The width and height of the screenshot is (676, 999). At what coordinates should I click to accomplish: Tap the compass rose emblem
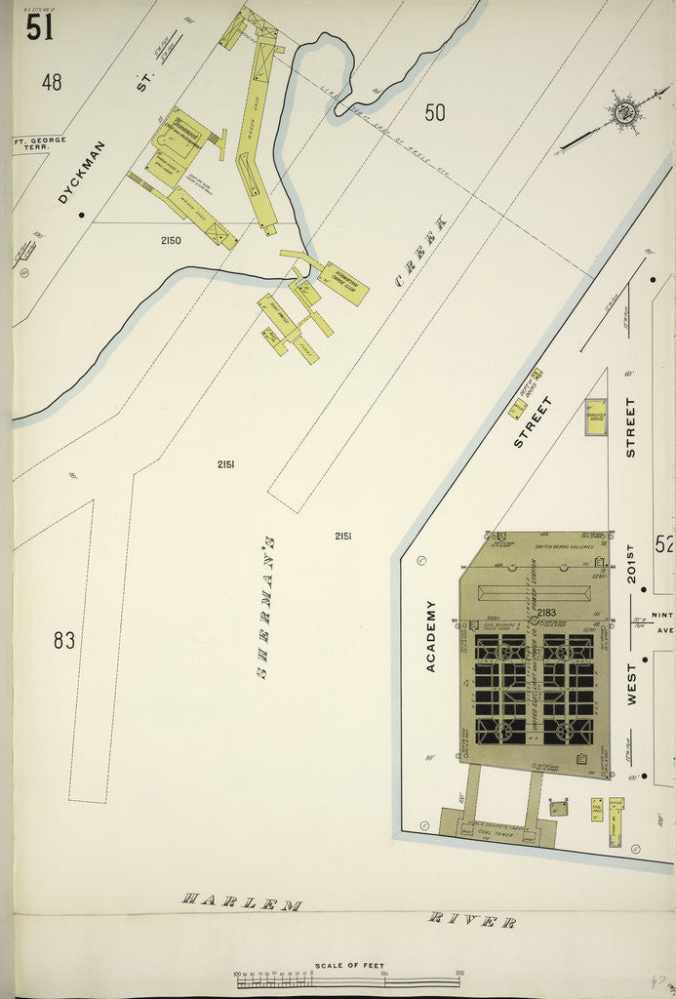623,112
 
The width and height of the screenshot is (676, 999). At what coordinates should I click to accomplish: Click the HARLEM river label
241,902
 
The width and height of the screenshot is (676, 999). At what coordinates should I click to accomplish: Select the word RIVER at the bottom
473,919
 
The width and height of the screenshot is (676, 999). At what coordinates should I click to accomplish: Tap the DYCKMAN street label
82,172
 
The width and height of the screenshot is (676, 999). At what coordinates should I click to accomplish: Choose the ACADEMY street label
430,635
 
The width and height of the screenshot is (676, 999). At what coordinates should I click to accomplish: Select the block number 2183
545,613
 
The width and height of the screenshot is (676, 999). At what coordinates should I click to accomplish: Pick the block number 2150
171,240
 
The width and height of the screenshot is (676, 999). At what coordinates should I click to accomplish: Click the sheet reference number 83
64,641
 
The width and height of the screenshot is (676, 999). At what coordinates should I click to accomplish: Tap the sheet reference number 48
52,83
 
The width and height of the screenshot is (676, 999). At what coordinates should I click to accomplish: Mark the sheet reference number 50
435,113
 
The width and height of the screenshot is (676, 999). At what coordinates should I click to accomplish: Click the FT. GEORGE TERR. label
39,144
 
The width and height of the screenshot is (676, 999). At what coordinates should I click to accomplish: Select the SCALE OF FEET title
349,965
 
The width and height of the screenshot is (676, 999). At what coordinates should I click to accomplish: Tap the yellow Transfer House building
595,416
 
